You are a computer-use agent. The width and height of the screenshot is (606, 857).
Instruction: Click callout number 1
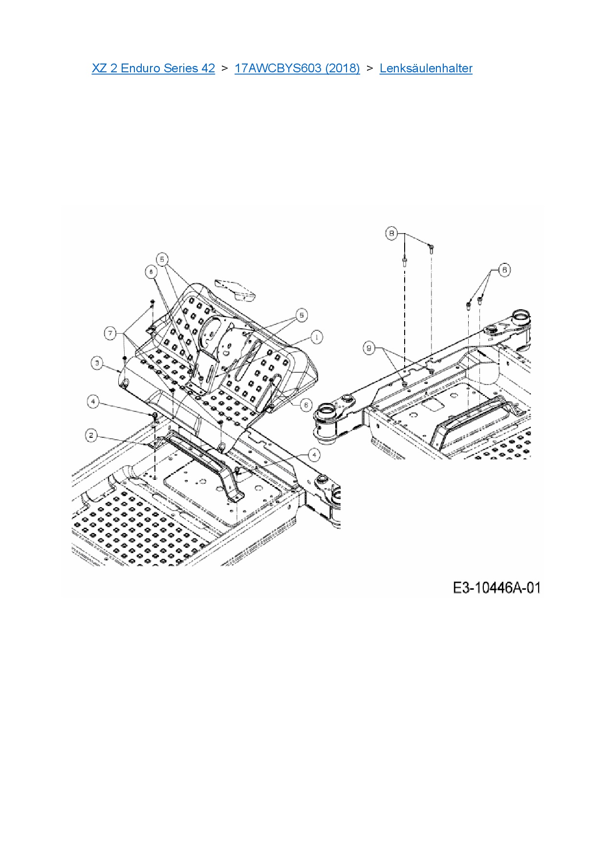coord(317,337)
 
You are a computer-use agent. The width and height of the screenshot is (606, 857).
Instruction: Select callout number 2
coord(91,435)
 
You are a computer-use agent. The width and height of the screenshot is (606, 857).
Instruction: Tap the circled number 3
coord(97,363)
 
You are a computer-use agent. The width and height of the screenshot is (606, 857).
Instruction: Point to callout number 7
coord(110,333)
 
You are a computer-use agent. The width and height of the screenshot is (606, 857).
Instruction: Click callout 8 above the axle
coord(391,234)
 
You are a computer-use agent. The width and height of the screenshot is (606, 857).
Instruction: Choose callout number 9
coord(369,348)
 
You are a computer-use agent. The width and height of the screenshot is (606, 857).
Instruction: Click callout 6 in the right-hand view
coord(504,269)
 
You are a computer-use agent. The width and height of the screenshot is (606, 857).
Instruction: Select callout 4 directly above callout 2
coord(93,402)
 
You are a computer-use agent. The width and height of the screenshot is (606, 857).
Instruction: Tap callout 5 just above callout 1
coord(302,315)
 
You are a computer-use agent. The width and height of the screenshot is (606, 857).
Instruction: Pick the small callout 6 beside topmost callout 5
coord(151,272)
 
